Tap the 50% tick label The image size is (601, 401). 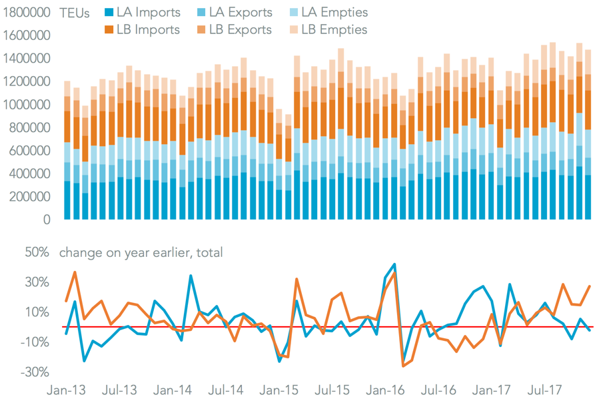[x=37, y=253]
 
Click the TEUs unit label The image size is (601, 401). [x=74, y=13]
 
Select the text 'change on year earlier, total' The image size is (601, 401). [x=141, y=253]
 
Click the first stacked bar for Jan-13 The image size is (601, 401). [x=67, y=150]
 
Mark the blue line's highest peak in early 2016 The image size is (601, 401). [x=394, y=264]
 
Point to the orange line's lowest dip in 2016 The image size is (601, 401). [x=403, y=366]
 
